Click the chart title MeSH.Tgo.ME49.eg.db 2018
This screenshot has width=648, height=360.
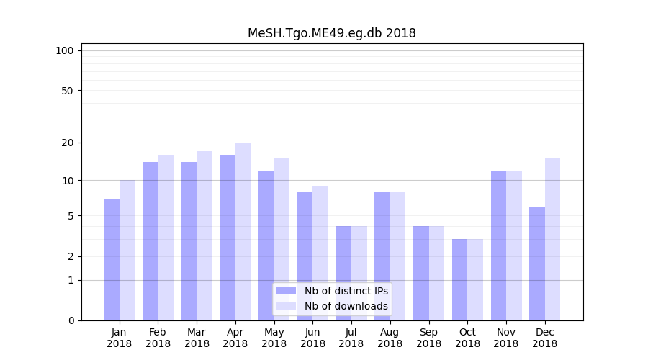pyautogui.click(x=331, y=33)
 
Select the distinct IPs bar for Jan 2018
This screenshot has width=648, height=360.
pyautogui.click(x=112, y=259)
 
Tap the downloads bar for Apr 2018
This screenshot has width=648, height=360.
pyautogui.click(x=243, y=231)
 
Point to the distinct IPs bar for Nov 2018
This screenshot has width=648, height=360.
pyautogui.click(x=498, y=246)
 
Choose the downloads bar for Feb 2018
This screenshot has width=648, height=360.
pyautogui.click(x=166, y=238)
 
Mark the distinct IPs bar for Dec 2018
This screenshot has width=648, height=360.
pyautogui.click(x=537, y=264)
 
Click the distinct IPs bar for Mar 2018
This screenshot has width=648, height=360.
pyautogui.click(x=189, y=241)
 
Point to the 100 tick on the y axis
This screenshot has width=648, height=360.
pyautogui.click(x=65, y=50)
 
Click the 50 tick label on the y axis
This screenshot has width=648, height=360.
pyautogui.click(x=67, y=91)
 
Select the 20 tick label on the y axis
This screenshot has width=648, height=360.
pyautogui.click(x=67, y=143)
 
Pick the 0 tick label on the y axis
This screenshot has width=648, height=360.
pyautogui.click(x=70, y=320)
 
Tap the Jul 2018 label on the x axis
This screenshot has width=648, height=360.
pyautogui.click(x=351, y=338)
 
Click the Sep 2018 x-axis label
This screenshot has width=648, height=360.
pyautogui.click(x=428, y=338)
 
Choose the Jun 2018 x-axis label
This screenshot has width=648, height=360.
pyautogui.click(x=312, y=338)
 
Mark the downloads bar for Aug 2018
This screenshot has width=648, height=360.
pyautogui.click(x=397, y=256)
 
